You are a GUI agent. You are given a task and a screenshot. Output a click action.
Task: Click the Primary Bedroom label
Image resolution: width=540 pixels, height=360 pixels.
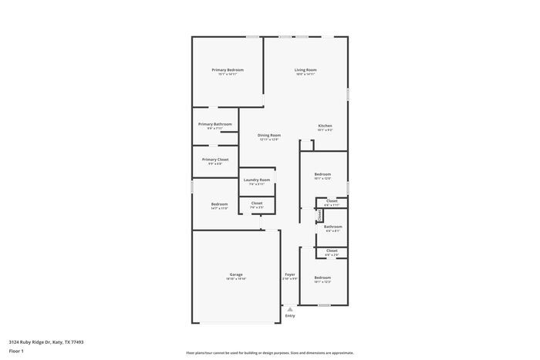(228, 70)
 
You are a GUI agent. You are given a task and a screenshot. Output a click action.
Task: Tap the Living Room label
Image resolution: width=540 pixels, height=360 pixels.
(305, 70)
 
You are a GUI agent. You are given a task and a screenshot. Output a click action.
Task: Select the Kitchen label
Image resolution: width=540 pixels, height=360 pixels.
(325, 126)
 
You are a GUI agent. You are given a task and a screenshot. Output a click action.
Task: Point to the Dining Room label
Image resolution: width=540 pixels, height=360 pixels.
(269, 135)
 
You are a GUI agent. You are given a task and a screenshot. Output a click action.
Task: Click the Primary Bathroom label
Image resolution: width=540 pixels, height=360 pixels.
(214, 124)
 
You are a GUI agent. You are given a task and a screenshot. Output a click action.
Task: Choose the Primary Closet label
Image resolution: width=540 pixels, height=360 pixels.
(214, 160)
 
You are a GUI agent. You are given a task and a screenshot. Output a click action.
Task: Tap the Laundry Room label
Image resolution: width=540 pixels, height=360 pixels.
(257, 180)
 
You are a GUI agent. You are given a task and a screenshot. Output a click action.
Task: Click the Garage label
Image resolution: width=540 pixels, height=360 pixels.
(236, 274)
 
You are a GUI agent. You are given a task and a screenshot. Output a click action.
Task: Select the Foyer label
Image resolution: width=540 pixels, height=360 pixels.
(290, 274)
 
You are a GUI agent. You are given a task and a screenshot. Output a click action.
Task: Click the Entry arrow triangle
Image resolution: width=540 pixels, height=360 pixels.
(290, 308)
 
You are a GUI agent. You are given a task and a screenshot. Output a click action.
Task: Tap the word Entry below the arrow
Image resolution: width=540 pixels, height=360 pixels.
(290, 315)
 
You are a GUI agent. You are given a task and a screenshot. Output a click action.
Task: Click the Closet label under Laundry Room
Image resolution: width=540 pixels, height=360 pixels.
(257, 203)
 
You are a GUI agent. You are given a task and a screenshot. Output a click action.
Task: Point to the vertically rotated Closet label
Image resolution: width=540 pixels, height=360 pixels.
(319, 216)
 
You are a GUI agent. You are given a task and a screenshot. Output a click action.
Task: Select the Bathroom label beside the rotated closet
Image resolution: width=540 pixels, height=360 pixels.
(332, 227)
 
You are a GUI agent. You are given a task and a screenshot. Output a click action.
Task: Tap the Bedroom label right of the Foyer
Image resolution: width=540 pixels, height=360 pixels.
(322, 278)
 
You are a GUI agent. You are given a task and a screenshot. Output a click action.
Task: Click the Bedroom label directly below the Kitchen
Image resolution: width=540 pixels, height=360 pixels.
(322, 174)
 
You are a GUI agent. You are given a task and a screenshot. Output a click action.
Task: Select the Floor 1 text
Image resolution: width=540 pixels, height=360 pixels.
(16, 351)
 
